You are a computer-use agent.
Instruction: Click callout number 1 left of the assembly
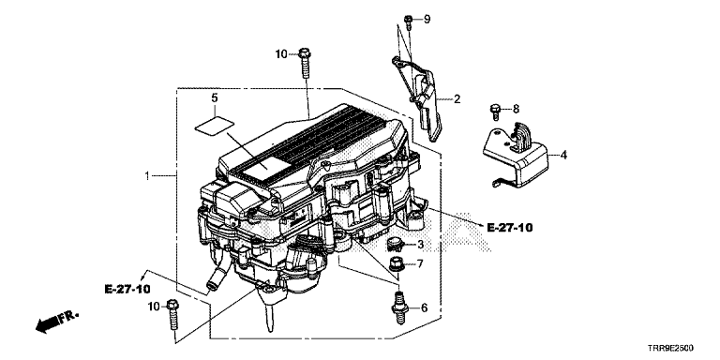click(147, 176)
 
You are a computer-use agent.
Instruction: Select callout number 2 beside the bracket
click(457, 98)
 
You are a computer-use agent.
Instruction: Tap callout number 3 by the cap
click(420, 245)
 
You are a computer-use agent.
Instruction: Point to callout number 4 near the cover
click(563, 155)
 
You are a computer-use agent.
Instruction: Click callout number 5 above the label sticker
click(215, 97)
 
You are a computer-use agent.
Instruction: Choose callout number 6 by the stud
click(424, 307)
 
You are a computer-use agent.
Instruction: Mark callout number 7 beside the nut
click(420, 263)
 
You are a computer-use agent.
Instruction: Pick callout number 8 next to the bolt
click(516, 110)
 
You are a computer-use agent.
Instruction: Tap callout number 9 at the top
click(427, 20)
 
